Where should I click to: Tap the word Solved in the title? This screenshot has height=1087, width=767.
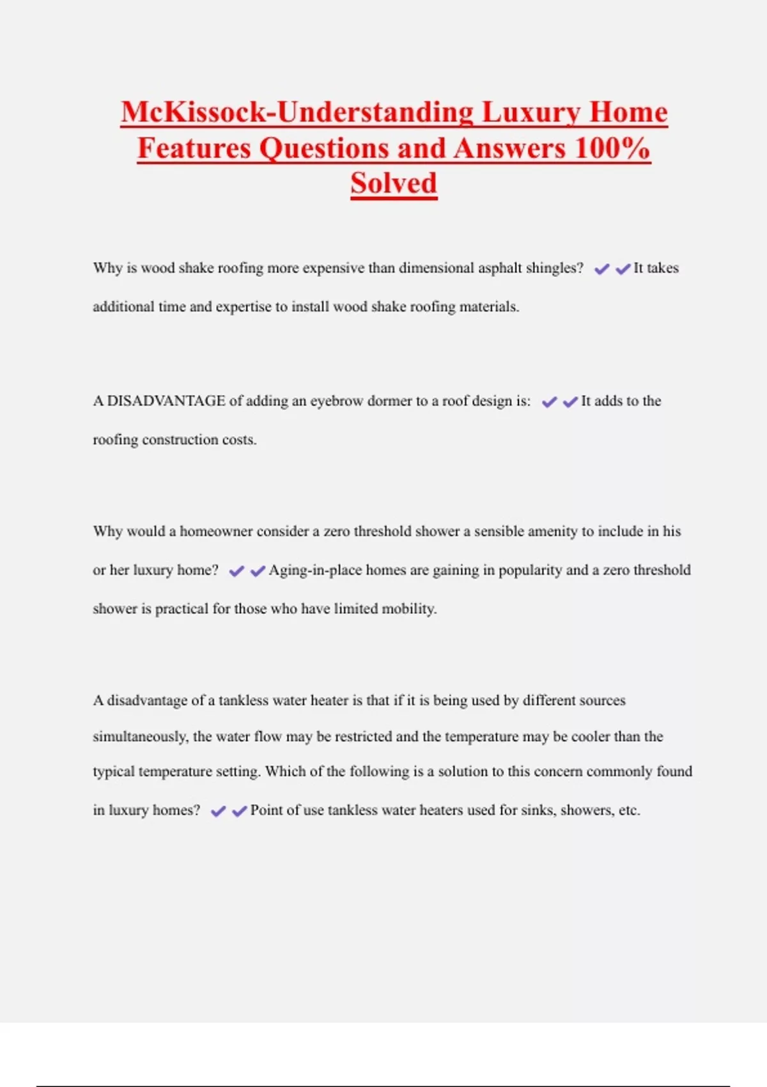(x=394, y=184)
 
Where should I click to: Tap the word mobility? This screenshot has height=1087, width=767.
(x=409, y=609)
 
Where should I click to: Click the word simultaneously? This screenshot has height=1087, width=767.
(x=140, y=737)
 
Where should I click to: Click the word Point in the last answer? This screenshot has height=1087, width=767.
(x=266, y=810)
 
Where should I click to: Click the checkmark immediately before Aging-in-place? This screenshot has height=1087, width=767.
(x=258, y=571)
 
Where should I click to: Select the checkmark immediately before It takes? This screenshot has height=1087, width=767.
(x=623, y=269)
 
